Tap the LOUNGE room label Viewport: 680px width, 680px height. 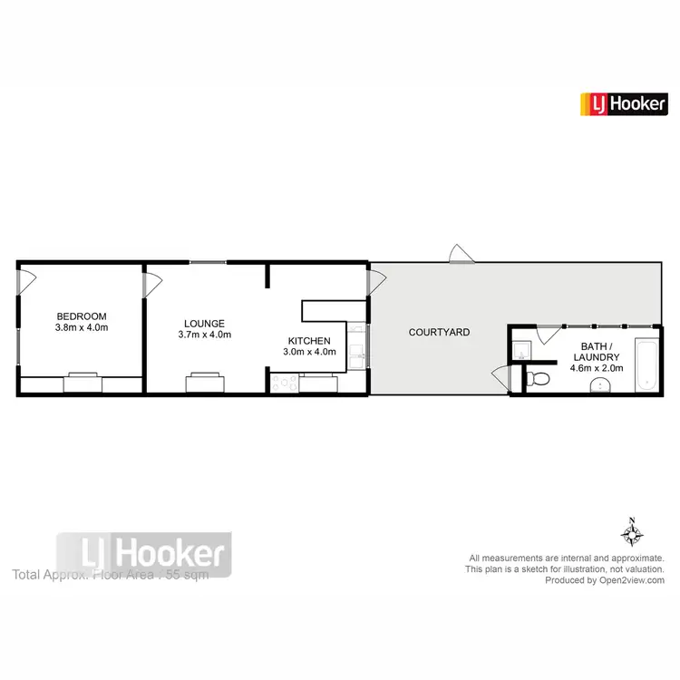click(204, 323)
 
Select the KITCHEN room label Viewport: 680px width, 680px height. click(309, 340)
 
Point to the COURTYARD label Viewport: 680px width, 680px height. click(439, 332)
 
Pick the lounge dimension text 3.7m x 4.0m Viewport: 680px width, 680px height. click(204, 335)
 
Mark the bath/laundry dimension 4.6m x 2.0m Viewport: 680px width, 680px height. click(596, 368)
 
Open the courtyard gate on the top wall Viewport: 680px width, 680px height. click(460, 254)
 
